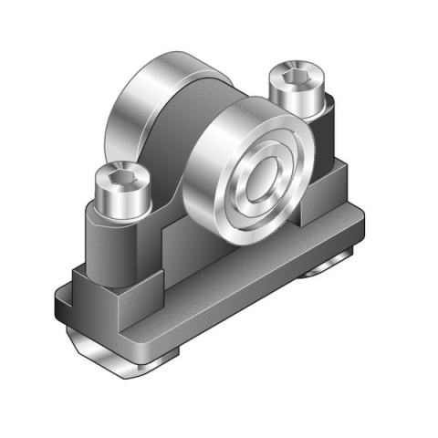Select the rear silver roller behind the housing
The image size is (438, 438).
pyautogui.click(x=146, y=100)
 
